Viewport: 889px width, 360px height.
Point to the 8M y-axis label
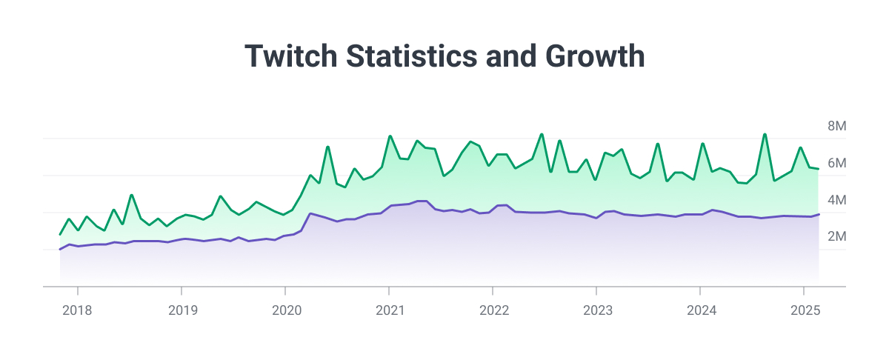pyautogui.click(x=836, y=127)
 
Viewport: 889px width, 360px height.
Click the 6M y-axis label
pyautogui.click(x=836, y=163)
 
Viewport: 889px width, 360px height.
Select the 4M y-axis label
pyautogui.click(x=836, y=200)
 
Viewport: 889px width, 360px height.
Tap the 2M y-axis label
pyautogui.click(x=836, y=237)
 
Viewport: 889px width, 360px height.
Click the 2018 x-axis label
pyautogui.click(x=77, y=310)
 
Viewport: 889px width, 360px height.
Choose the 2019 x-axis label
pyautogui.click(x=182, y=310)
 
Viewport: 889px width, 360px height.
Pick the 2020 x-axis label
pyautogui.click(x=286, y=310)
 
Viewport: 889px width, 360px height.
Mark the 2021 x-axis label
pyautogui.click(x=390, y=310)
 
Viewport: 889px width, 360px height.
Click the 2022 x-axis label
pyautogui.click(x=493, y=310)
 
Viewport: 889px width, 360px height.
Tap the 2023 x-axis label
pyautogui.click(x=597, y=310)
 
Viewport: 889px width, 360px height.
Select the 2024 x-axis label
pyautogui.click(x=702, y=310)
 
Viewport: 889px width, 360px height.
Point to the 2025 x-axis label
pyautogui.click(x=805, y=310)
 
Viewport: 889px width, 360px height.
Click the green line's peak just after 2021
pyautogui.click(x=390, y=136)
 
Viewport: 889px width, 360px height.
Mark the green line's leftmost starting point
pyautogui.click(x=60, y=234)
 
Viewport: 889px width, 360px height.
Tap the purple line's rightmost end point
pyautogui.click(x=819, y=214)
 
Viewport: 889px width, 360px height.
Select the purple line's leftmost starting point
pyautogui.click(x=60, y=249)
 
